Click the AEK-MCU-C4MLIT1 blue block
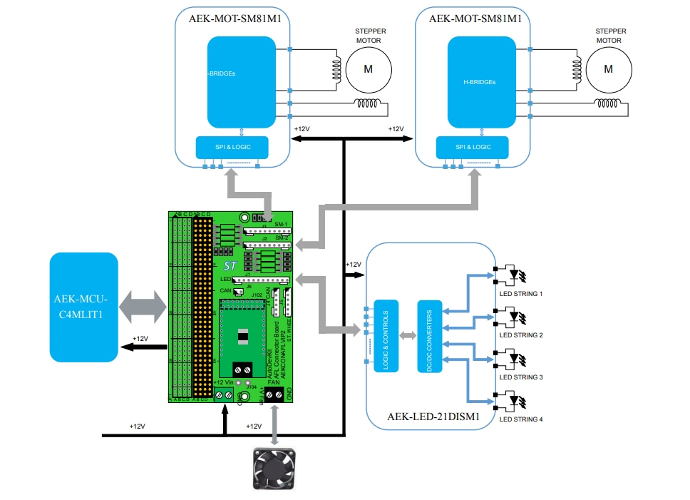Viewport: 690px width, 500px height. [x=83, y=307]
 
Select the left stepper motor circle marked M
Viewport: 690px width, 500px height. [x=369, y=68]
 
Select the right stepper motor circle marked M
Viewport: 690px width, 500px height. [x=608, y=68]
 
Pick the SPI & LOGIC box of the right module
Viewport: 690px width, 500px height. [x=473, y=148]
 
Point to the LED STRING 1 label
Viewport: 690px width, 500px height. [x=520, y=294]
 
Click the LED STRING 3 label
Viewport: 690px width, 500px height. [x=520, y=377]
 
